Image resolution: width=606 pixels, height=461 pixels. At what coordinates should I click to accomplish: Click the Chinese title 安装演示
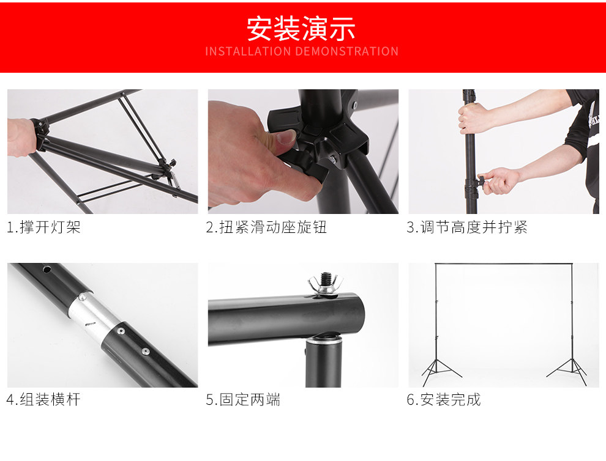[x=301, y=28]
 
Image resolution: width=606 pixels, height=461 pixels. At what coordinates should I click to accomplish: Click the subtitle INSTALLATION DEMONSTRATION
[x=301, y=51]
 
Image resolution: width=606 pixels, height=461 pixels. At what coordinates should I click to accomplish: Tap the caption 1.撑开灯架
[x=43, y=227]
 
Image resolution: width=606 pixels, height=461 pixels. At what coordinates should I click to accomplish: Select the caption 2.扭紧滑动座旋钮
[x=266, y=227]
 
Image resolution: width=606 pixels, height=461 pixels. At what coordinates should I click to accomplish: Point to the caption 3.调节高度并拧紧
[x=467, y=227]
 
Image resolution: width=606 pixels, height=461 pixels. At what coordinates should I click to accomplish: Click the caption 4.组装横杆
[x=43, y=399]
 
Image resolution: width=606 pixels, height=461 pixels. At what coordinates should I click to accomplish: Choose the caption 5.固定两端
[x=243, y=399]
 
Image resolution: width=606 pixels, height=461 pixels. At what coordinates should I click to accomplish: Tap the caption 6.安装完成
[x=444, y=399]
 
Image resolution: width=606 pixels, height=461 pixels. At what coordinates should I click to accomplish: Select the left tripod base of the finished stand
[x=440, y=371]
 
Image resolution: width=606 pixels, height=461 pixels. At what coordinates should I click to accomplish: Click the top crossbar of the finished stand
[x=504, y=264]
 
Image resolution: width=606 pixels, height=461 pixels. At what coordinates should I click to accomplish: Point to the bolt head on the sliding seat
[x=332, y=158]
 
